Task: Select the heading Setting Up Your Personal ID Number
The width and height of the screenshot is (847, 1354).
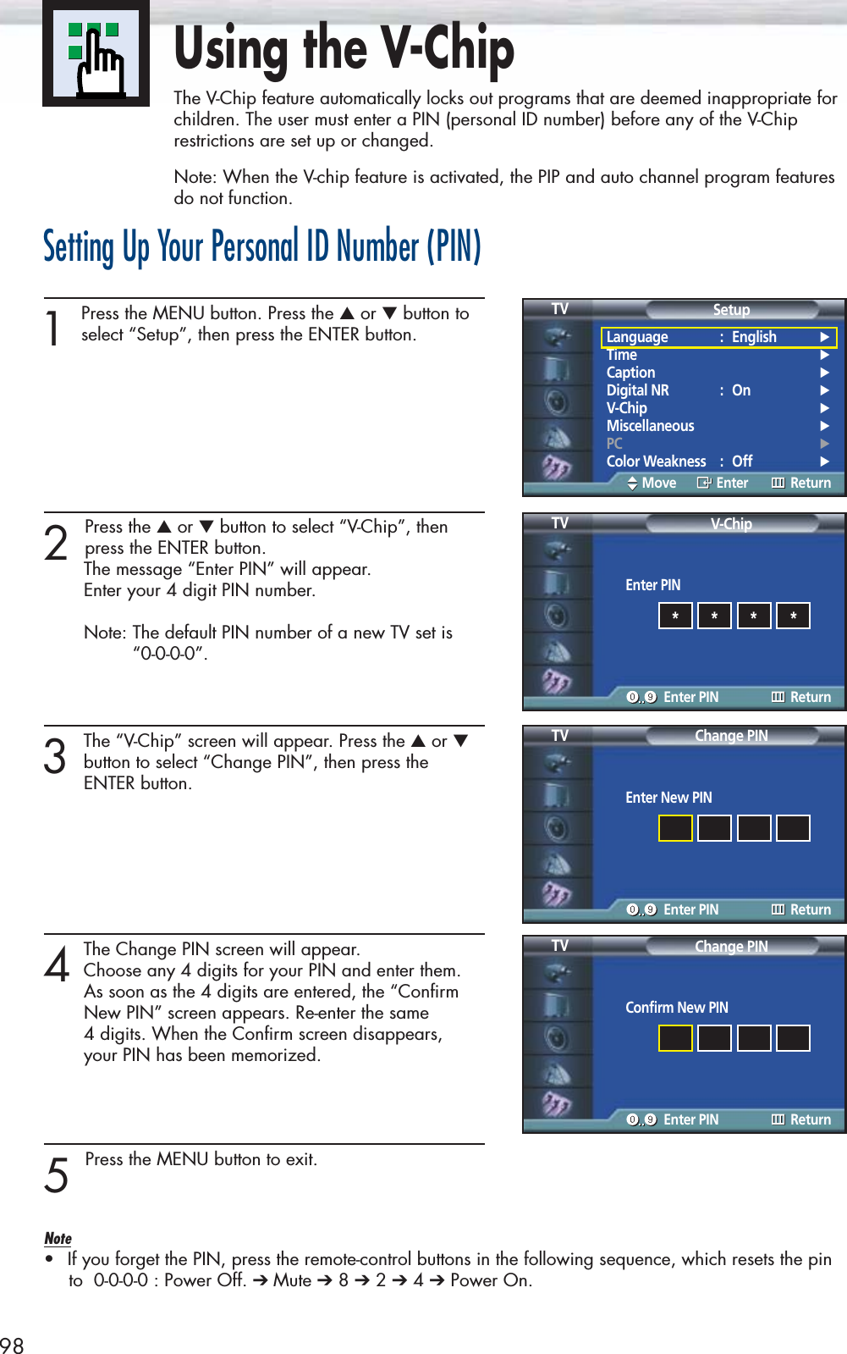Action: pyautogui.click(x=262, y=246)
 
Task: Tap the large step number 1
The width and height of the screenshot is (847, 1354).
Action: pyautogui.click(x=53, y=329)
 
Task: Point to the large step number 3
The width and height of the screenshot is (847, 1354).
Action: pyautogui.click(x=55, y=756)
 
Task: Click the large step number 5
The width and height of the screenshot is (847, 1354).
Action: pyautogui.click(x=56, y=1175)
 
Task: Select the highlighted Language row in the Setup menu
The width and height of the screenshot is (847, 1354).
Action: pyautogui.click(x=719, y=337)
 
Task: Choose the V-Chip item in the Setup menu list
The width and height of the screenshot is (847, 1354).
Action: pyautogui.click(x=626, y=408)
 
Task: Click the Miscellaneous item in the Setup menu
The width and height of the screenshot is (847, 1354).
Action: pyautogui.click(x=650, y=426)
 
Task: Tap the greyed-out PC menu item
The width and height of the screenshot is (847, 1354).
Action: pyautogui.click(x=614, y=443)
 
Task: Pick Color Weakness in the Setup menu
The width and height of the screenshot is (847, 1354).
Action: pyautogui.click(x=656, y=461)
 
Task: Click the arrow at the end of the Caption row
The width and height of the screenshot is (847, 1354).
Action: pyautogui.click(x=825, y=373)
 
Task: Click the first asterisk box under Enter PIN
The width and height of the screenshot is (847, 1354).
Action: pyautogui.click(x=675, y=616)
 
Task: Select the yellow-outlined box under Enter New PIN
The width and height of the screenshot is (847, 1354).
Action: pyautogui.click(x=675, y=828)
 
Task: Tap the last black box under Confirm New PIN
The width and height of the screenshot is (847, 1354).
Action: pyautogui.click(x=793, y=1038)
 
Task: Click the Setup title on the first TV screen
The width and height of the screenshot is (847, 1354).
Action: pyautogui.click(x=731, y=309)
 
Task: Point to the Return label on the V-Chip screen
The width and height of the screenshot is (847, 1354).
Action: pyautogui.click(x=811, y=697)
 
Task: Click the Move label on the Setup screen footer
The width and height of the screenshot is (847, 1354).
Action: pyautogui.click(x=658, y=483)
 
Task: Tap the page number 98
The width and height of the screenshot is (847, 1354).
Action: pyautogui.click(x=12, y=1345)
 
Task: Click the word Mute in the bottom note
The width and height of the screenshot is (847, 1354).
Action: pyautogui.click(x=291, y=1279)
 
